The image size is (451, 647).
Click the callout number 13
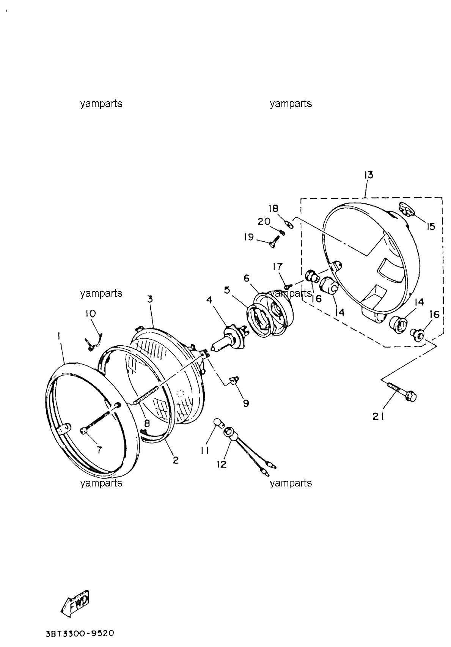[x=369, y=175]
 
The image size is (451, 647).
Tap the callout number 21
[x=378, y=417]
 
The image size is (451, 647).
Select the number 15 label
[x=431, y=227]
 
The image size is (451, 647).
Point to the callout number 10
[x=91, y=313]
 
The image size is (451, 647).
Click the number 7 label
[x=99, y=450]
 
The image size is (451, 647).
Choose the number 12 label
[x=222, y=464]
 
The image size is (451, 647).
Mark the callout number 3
[x=150, y=299]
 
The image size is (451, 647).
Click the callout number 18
[x=273, y=208]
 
